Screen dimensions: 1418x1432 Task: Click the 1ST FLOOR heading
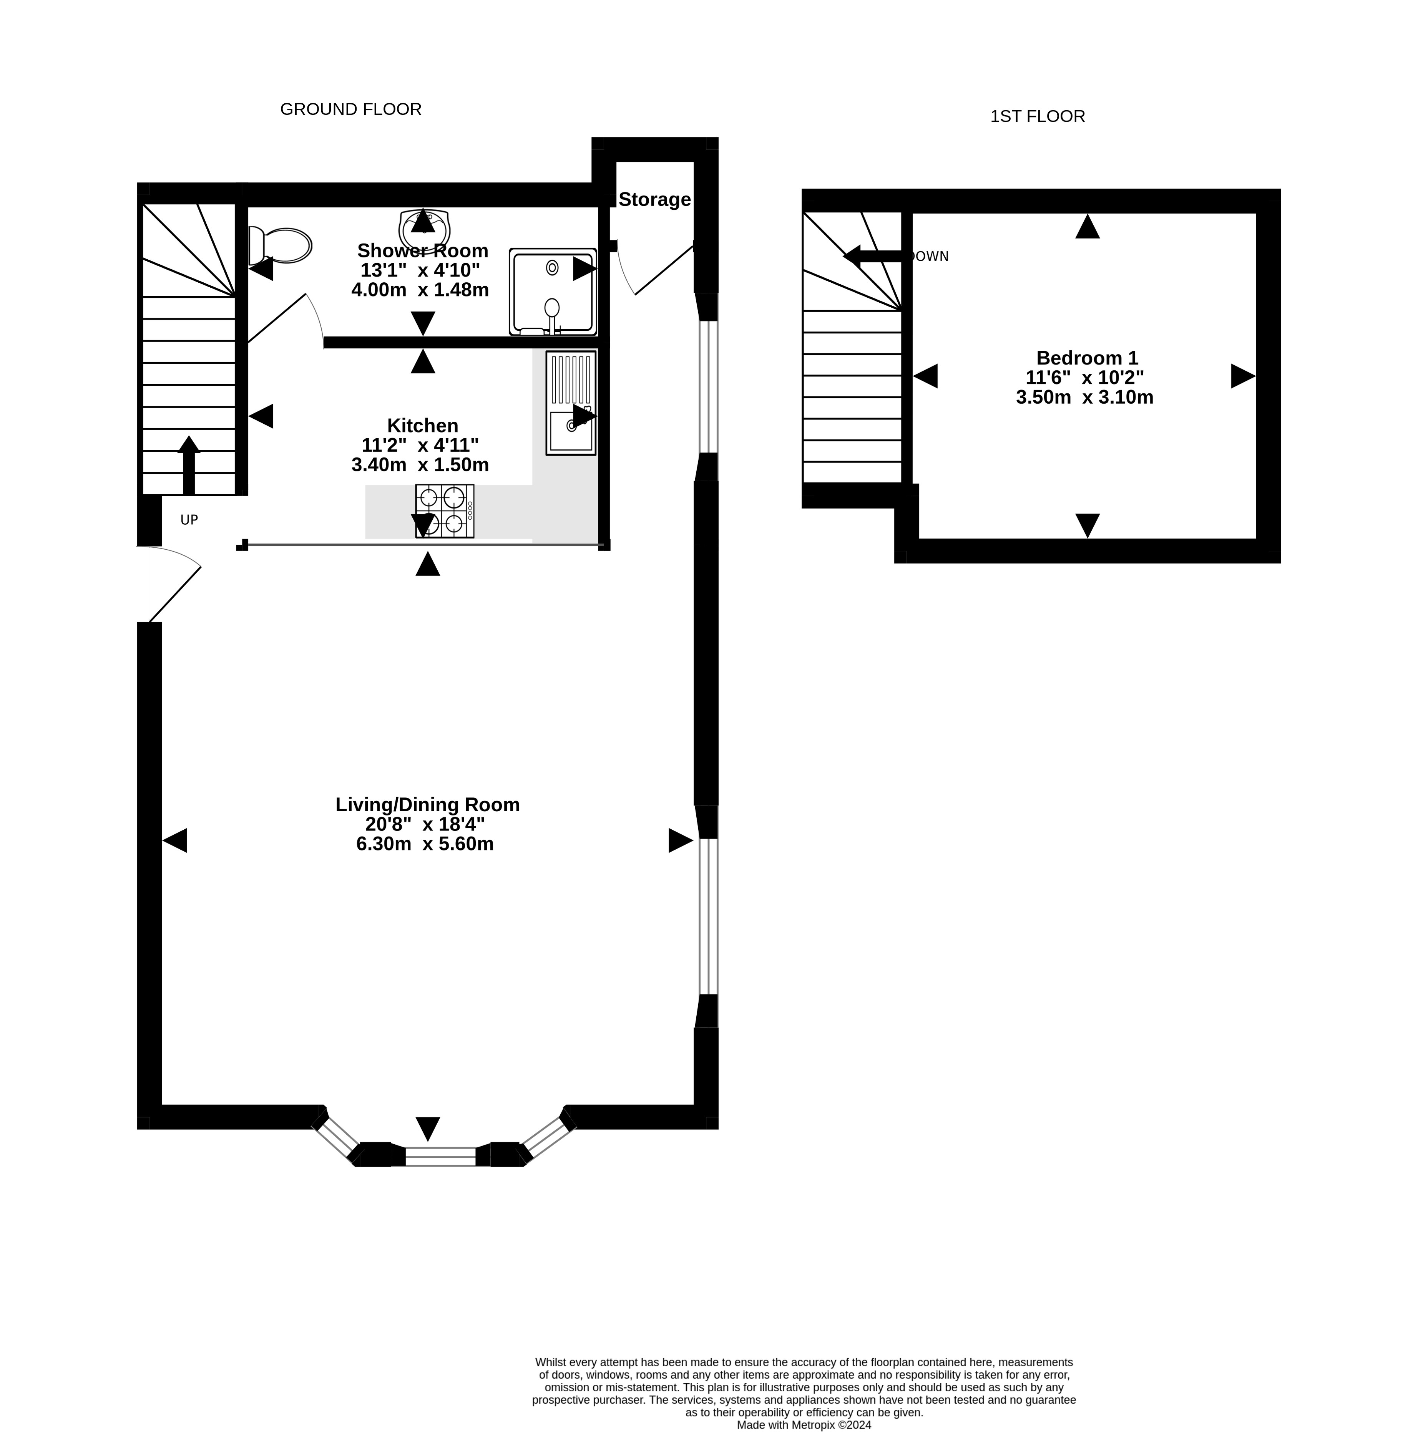[1038, 116]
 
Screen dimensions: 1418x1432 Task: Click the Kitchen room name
[423, 426]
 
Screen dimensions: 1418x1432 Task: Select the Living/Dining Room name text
[427, 804]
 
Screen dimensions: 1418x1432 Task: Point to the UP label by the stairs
[189, 520]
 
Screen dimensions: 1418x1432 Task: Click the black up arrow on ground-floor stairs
[189, 465]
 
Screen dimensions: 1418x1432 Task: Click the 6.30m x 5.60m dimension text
[425, 844]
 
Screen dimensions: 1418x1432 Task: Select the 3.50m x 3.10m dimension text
[1085, 397]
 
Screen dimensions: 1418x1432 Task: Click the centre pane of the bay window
[440, 1156]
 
